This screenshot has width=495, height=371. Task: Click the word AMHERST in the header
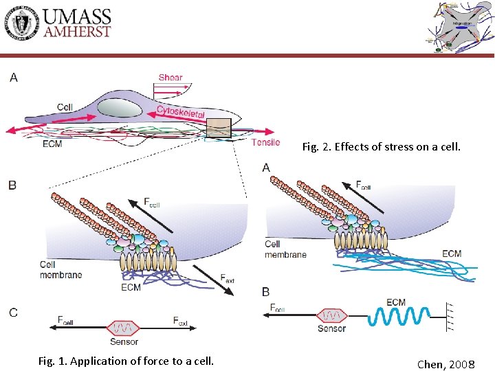tap(77, 31)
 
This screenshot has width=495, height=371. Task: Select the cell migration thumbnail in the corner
tap(457, 27)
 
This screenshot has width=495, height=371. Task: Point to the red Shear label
tap(170, 78)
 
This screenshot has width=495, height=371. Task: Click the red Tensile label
tap(265, 142)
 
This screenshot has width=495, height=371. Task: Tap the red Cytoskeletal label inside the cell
tap(181, 112)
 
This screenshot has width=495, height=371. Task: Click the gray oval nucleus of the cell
tap(120, 108)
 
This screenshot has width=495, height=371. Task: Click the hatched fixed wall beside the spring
tap(452, 315)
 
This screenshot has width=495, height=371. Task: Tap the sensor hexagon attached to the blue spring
tap(331, 315)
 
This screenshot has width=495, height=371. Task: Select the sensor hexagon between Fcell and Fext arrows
tap(124, 326)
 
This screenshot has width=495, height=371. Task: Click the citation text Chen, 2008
tap(445, 364)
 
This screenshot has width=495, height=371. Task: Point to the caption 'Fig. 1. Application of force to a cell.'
tap(125, 361)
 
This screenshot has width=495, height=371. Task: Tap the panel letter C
tap(13, 313)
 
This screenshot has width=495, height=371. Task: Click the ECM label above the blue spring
tap(396, 302)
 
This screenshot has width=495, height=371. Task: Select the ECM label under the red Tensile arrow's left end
tap(52, 144)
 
